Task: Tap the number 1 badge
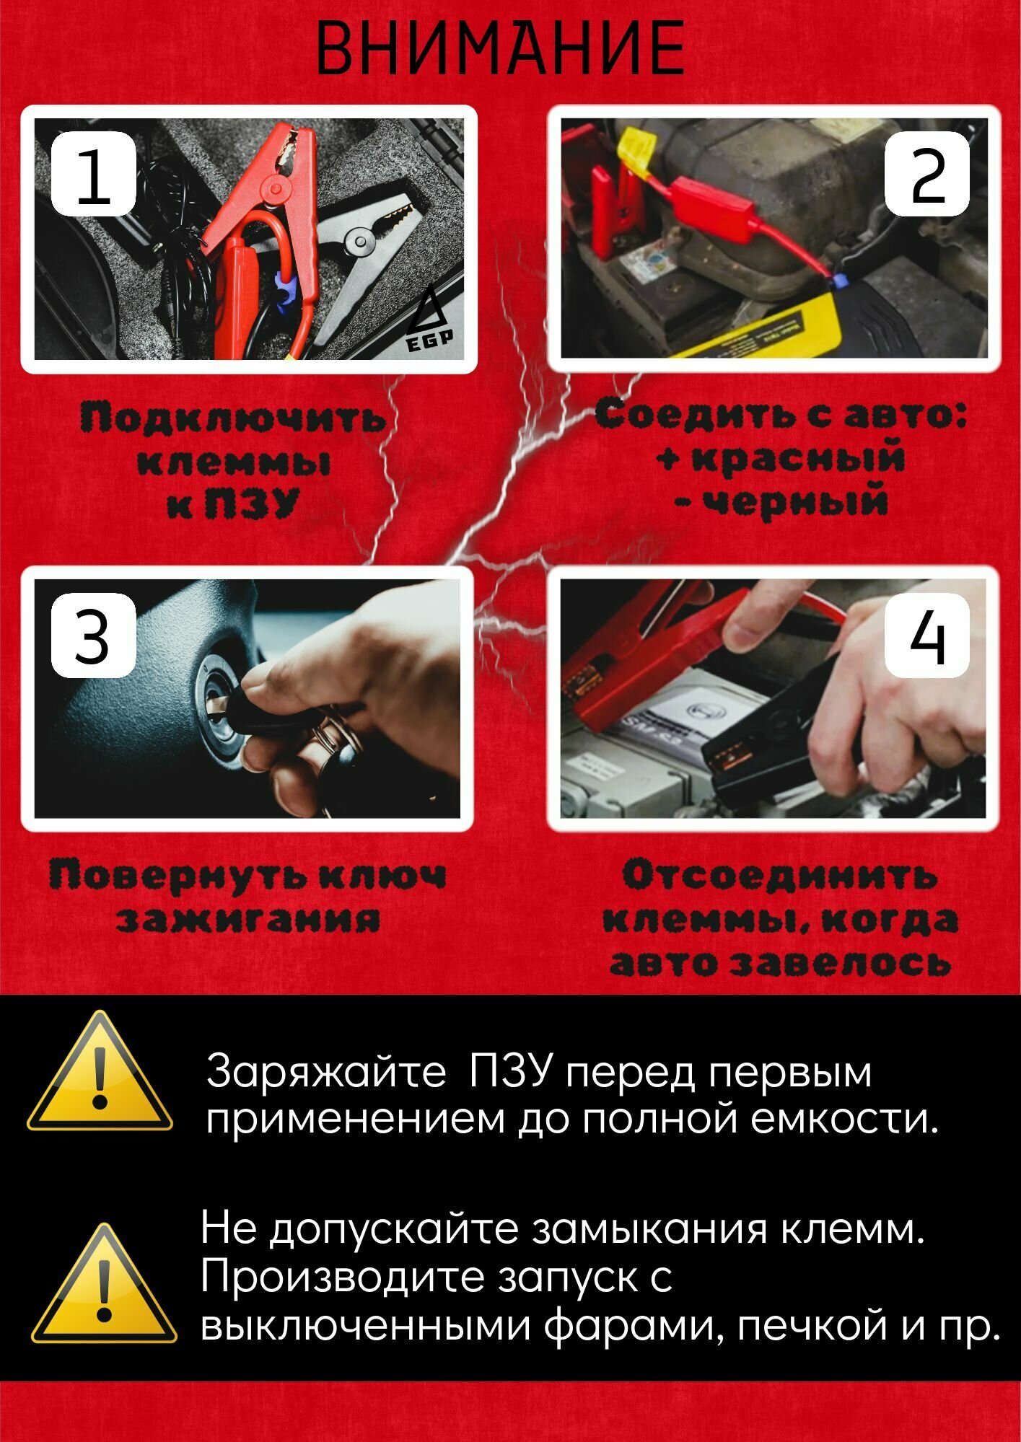coord(93,175)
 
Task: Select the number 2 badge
coord(928,175)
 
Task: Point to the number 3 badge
coord(92,636)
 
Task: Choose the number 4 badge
coord(927,636)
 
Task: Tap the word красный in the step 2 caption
coord(797,459)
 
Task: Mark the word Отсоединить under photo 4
coord(780,876)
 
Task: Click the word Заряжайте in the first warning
coord(326,1073)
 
